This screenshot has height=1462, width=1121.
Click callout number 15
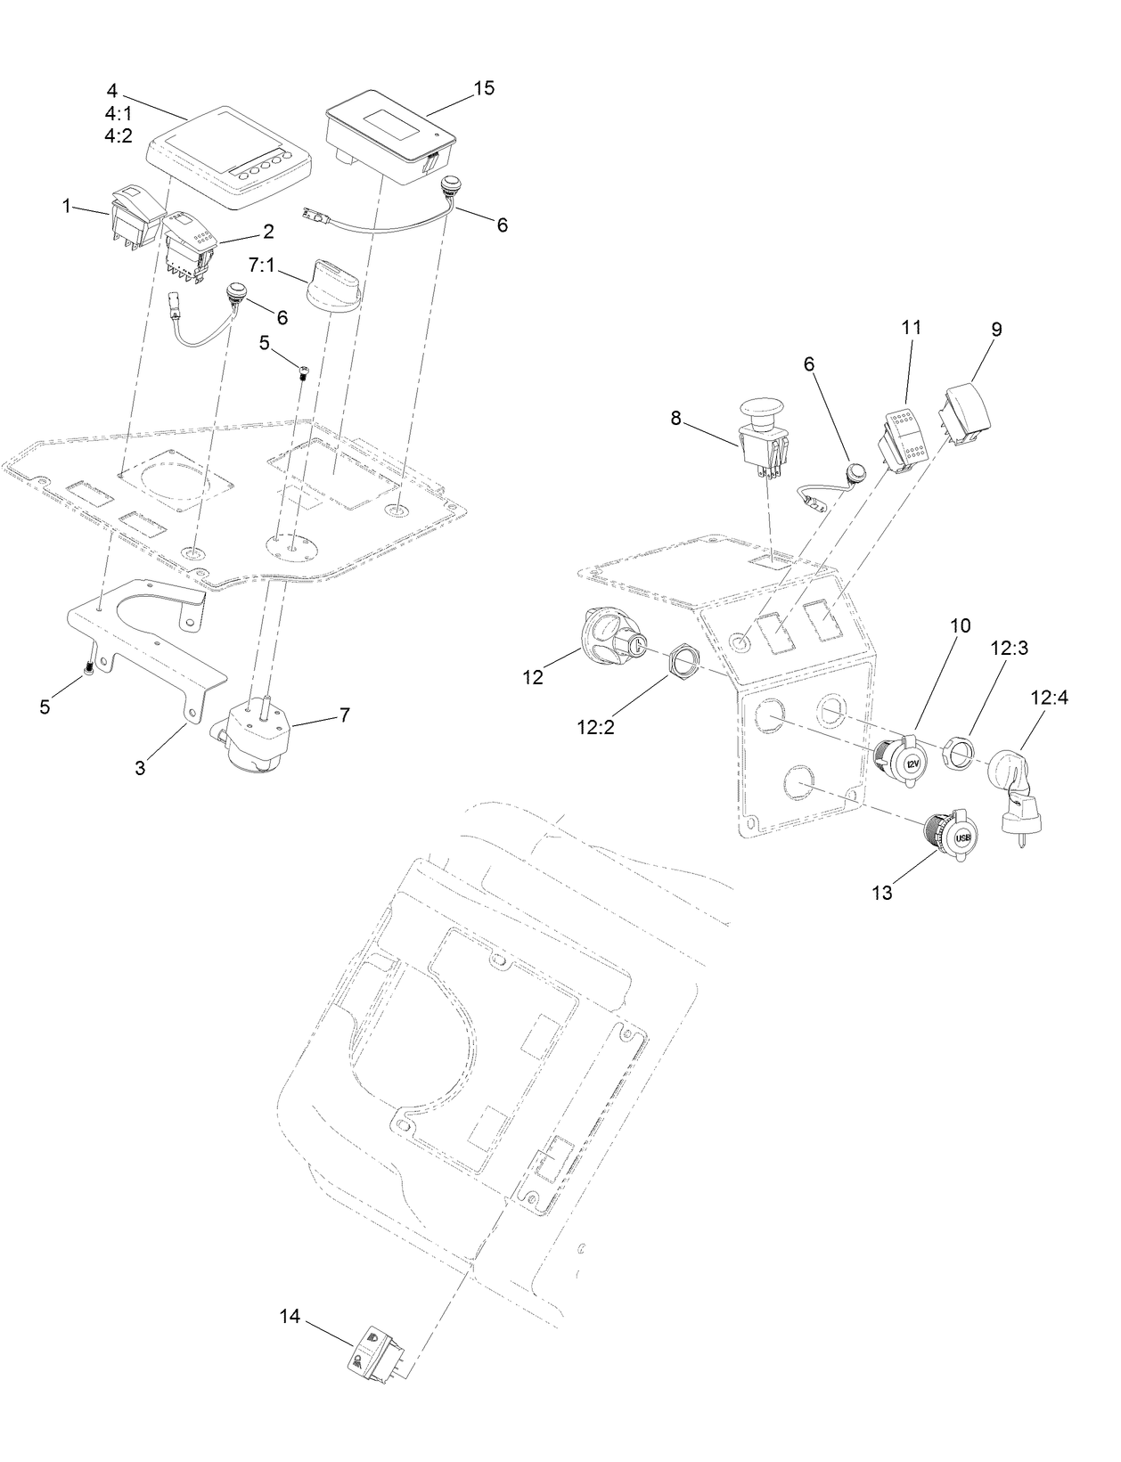(x=484, y=88)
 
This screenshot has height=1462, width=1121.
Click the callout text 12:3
(x=1010, y=648)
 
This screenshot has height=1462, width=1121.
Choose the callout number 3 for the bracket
(x=140, y=767)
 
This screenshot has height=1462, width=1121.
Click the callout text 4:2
(x=118, y=135)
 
